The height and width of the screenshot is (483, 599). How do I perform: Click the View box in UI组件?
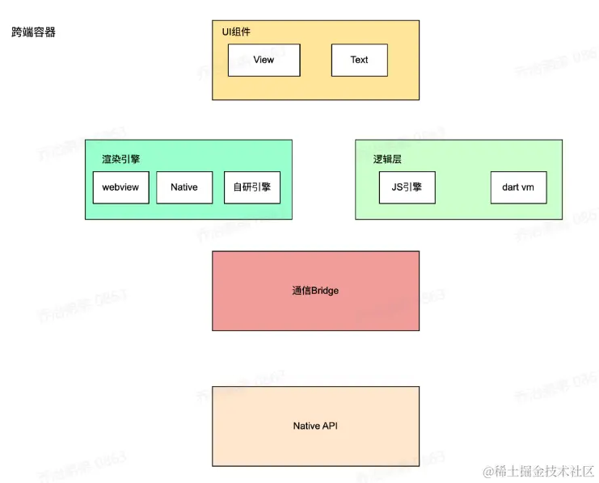(264, 60)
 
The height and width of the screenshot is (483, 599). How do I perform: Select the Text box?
(359, 60)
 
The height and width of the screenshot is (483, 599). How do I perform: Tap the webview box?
(120, 187)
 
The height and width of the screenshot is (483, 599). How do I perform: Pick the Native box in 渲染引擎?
(183, 187)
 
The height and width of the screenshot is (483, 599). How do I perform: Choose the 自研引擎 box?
(251, 187)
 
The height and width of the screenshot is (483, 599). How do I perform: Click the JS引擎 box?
(407, 187)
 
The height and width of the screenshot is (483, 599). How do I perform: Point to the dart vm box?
(518, 187)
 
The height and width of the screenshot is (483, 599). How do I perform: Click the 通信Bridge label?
(315, 291)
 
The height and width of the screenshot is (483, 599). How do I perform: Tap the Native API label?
(315, 426)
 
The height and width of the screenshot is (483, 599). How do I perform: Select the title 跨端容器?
(34, 33)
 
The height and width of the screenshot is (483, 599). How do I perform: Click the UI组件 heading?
(237, 31)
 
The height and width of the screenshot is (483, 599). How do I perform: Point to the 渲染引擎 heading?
(120, 159)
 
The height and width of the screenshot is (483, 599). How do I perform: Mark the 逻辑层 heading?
(387, 159)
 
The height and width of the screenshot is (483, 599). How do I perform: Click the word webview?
(120, 187)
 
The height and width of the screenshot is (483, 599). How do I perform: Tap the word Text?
(359, 60)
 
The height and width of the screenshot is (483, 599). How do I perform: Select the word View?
(264, 60)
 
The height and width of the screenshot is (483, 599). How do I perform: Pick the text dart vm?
(518, 187)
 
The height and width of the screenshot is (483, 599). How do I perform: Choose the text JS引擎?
(407, 187)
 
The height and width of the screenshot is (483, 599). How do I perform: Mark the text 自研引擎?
(251, 187)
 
